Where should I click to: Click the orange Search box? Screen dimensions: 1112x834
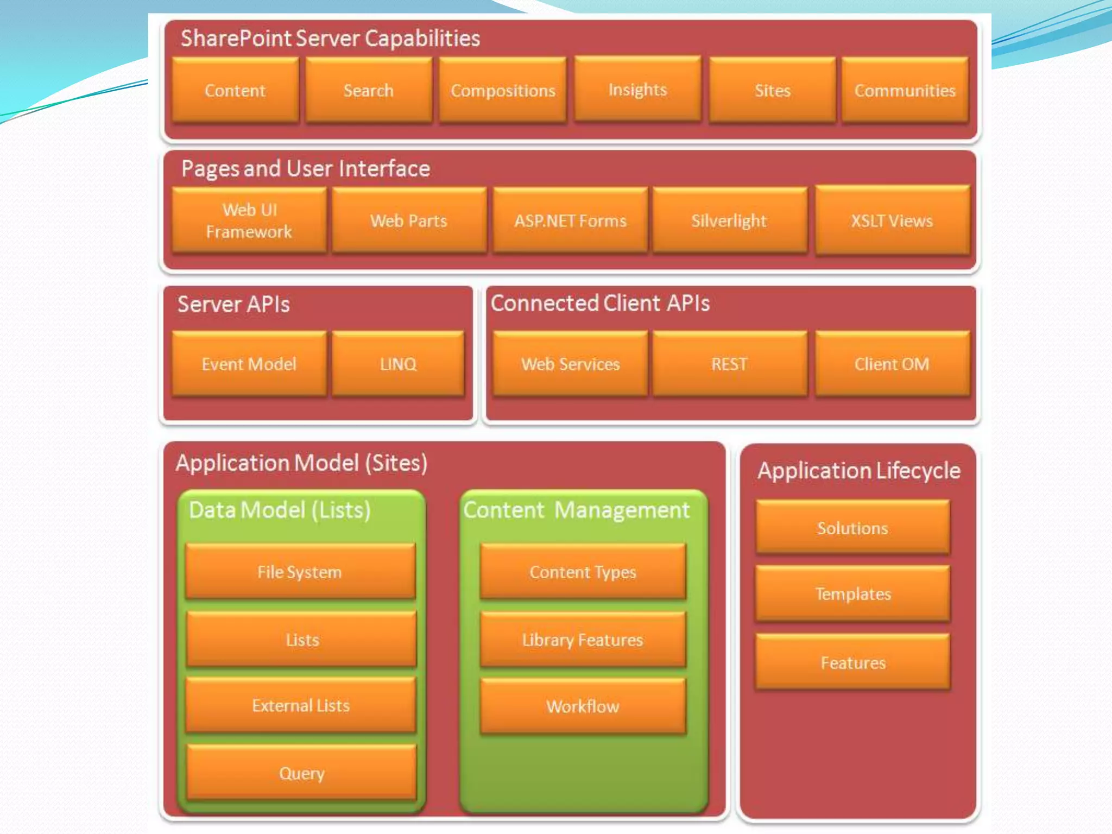[369, 90]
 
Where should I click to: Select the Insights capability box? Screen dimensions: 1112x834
[637, 89]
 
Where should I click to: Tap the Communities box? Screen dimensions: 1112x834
[905, 90]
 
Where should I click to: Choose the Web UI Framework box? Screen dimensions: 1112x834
[249, 220]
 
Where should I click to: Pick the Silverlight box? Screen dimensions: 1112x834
[729, 220]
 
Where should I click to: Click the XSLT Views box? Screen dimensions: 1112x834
[892, 220]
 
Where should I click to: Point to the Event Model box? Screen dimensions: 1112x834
[249, 364]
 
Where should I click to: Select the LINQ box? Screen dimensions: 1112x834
[398, 364]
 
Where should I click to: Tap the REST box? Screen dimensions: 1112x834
[729, 364]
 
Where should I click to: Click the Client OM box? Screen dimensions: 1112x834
[892, 364]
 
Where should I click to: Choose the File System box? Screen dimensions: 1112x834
[300, 572]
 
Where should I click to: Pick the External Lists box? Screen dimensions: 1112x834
[301, 705]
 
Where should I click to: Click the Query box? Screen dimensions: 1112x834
[302, 773]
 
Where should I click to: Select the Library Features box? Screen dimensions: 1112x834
[583, 640]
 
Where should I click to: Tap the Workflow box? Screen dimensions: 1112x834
[583, 706]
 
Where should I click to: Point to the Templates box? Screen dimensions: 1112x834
[853, 593]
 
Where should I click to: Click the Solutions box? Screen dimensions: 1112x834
[853, 528]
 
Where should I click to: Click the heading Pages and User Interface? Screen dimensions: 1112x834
[306, 169]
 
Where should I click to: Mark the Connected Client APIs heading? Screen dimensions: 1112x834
[600, 303]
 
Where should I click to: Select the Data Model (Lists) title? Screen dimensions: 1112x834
[280, 510]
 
